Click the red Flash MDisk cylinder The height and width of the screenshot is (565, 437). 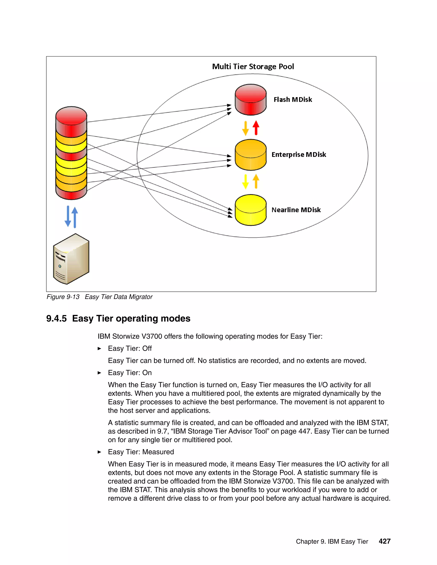(x=250, y=100)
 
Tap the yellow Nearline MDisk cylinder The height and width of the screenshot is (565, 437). (x=250, y=210)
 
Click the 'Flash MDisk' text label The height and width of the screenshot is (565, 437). (x=293, y=100)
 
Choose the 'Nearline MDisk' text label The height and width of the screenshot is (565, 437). (x=296, y=210)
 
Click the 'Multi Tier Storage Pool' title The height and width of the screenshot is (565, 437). (x=253, y=67)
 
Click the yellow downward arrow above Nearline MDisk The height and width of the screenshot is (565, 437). (x=245, y=182)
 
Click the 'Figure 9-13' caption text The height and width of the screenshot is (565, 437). (x=63, y=297)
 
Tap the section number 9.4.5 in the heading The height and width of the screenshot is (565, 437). (x=56, y=319)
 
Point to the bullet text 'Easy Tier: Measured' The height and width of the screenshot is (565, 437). (x=141, y=452)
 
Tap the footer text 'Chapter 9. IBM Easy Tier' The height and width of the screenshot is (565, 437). (x=332, y=542)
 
